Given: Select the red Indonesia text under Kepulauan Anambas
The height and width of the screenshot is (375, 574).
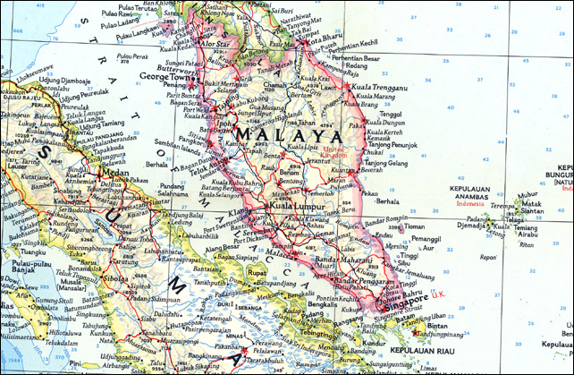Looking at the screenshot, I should click(469, 203).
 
